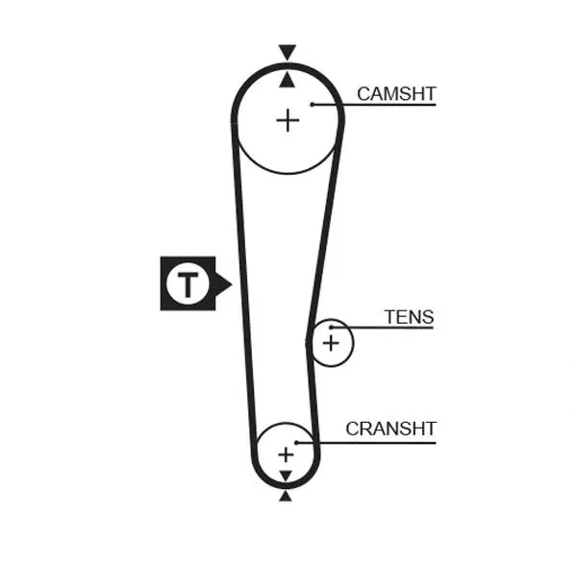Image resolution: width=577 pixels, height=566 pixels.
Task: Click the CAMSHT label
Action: tap(396, 94)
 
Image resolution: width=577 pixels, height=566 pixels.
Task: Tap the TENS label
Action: tap(410, 317)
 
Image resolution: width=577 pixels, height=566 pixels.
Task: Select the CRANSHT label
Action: tap(390, 429)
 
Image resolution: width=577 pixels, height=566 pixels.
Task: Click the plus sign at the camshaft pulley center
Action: tap(288, 120)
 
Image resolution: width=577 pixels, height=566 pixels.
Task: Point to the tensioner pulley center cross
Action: tap(331, 343)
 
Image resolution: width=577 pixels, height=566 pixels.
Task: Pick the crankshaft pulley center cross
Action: tap(286, 455)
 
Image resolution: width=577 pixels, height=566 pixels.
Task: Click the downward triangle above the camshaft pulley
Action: tap(287, 52)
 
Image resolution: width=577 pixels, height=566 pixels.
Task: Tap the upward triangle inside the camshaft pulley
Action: tap(287, 80)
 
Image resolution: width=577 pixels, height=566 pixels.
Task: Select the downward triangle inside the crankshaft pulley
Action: tap(286, 475)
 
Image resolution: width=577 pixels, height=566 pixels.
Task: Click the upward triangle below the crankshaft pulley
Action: tap(286, 497)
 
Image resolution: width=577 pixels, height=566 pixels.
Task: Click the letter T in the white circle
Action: tap(188, 284)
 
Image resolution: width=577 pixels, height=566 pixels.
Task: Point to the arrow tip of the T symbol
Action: tap(232, 284)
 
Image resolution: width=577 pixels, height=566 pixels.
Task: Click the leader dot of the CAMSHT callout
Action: tap(312, 105)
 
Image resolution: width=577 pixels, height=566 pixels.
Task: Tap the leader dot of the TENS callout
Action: tap(331, 327)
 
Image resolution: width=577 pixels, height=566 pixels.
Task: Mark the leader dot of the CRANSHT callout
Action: tap(296, 442)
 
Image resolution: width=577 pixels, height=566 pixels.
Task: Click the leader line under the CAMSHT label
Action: tap(374, 105)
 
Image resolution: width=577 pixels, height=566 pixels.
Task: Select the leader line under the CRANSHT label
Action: tap(366, 443)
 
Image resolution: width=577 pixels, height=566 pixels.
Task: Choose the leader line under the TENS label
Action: tap(383, 328)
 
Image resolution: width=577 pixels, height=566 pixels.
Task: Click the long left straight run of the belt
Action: tap(243, 283)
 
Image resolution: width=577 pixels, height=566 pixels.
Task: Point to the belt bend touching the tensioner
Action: tap(309, 343)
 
